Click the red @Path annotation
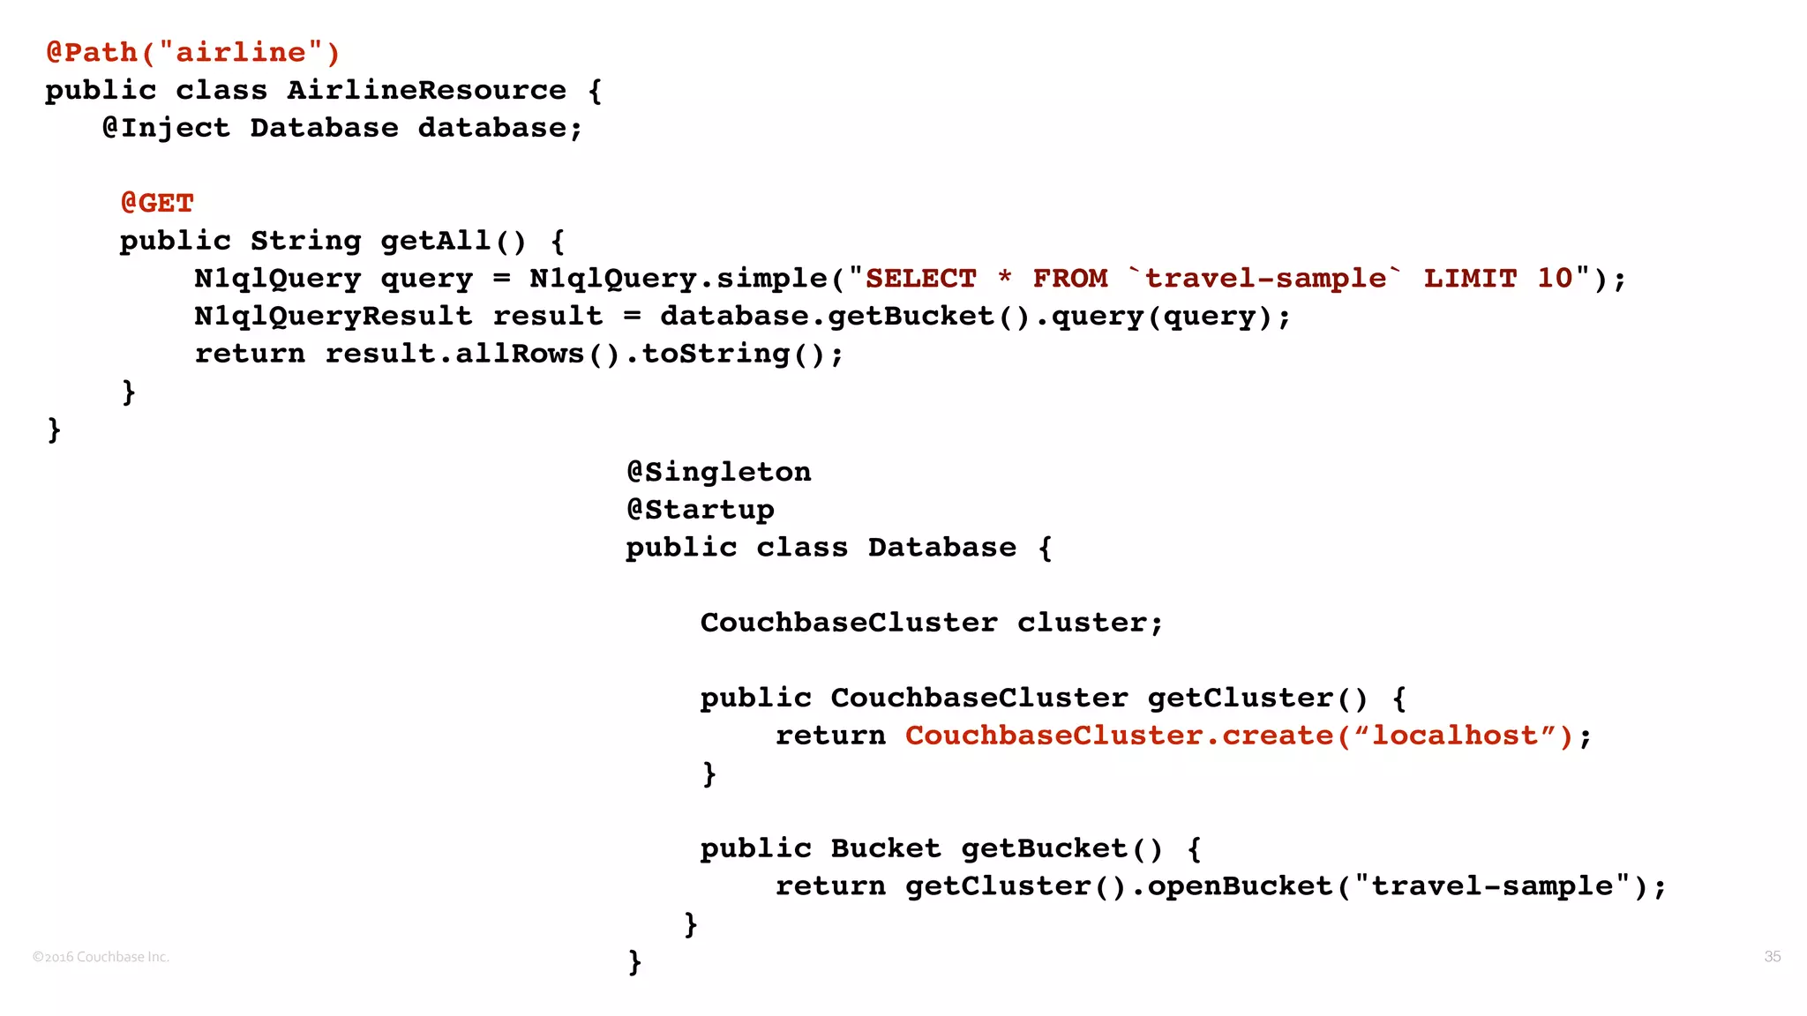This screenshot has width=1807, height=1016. click(92, 53)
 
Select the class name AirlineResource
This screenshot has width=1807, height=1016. click(426, 90)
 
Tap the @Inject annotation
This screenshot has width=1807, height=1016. click(167, 128)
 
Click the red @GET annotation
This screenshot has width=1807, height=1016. click(157, 203)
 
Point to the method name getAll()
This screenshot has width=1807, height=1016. click(453, 241)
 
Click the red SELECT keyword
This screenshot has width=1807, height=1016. click(920, 279)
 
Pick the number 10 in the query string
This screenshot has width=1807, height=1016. click(1555, 279)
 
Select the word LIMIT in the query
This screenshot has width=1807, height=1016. click(1470, 279)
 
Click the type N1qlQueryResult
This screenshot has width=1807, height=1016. click(333, 316)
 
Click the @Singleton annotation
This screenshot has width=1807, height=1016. click(718, 472)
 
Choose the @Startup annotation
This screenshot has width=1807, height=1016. click(700, 510)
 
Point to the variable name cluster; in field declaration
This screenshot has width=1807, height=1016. click(1090, 623)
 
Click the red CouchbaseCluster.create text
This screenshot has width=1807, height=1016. click(1119, 736)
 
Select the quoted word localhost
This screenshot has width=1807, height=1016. click(1455, 736)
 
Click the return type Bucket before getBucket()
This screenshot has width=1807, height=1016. click(885, 848)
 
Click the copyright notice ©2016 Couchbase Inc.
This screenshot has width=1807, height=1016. click(101, 957)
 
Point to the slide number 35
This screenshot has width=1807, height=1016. click(1772, 957)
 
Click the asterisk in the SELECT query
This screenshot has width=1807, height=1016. click(1004, 279)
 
